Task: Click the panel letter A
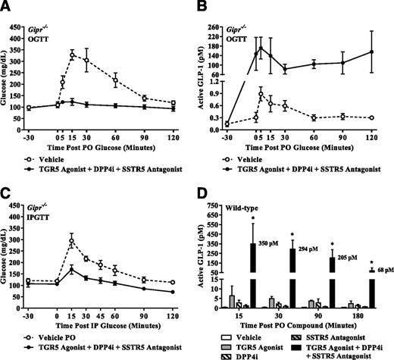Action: point(8,7)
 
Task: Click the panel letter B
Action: point(205,7)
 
